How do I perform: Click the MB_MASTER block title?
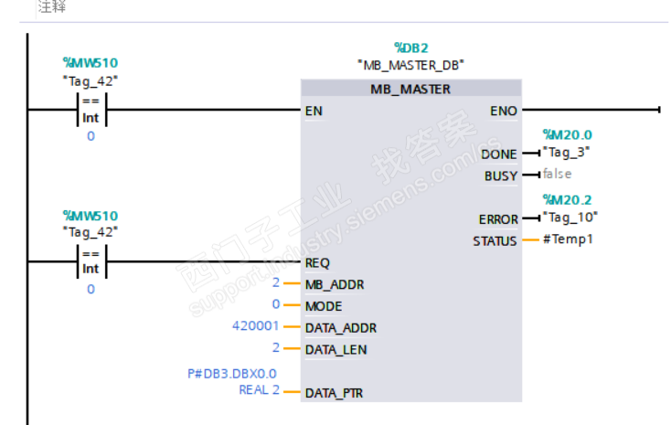410,90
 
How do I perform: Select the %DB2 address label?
410,47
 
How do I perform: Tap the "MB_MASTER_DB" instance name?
410,65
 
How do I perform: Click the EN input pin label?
314,111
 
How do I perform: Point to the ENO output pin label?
503,111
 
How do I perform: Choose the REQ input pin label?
318,262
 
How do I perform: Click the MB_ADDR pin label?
334,284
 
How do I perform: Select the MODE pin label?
323,305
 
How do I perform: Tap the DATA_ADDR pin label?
340,327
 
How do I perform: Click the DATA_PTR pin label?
335,392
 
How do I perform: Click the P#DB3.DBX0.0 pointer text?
231,373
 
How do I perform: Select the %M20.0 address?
567,135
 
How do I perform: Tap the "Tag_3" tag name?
566,153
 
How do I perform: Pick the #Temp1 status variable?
568,240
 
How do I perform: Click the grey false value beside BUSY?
557,174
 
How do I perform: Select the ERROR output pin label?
497,219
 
